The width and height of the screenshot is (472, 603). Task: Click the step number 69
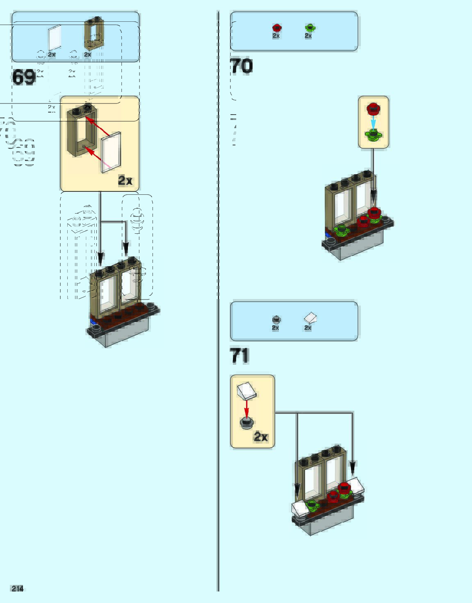tap(24, 77)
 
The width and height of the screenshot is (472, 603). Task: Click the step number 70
tap(241, 66)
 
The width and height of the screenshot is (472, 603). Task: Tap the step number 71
tap(239, 356)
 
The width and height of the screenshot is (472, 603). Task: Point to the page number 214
tap(17, 589)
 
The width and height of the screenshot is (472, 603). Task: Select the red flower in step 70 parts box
tap(277, 28)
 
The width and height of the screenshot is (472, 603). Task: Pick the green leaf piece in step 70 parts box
tap(310, 28)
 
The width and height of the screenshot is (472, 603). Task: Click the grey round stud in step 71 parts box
tap(276, 320)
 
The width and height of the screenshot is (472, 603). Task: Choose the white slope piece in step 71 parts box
tap(310, 318)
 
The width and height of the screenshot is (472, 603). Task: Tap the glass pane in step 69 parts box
tap(55, 38)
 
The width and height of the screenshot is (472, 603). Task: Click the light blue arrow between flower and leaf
tap(373, 122)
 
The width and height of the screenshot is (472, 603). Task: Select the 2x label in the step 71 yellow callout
tap(261, 437)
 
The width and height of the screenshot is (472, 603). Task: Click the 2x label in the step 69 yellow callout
tap(125, 180)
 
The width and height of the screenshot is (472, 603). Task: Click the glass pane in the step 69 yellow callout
tap(111, 152)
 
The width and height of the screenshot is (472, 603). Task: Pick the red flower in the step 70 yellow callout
tap(373, 109)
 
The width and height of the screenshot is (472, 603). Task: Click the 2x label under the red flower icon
tap(276, 36)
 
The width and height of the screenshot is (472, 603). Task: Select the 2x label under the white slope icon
tap(308, 328)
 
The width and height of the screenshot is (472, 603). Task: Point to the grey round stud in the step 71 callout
tap(246, 422)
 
